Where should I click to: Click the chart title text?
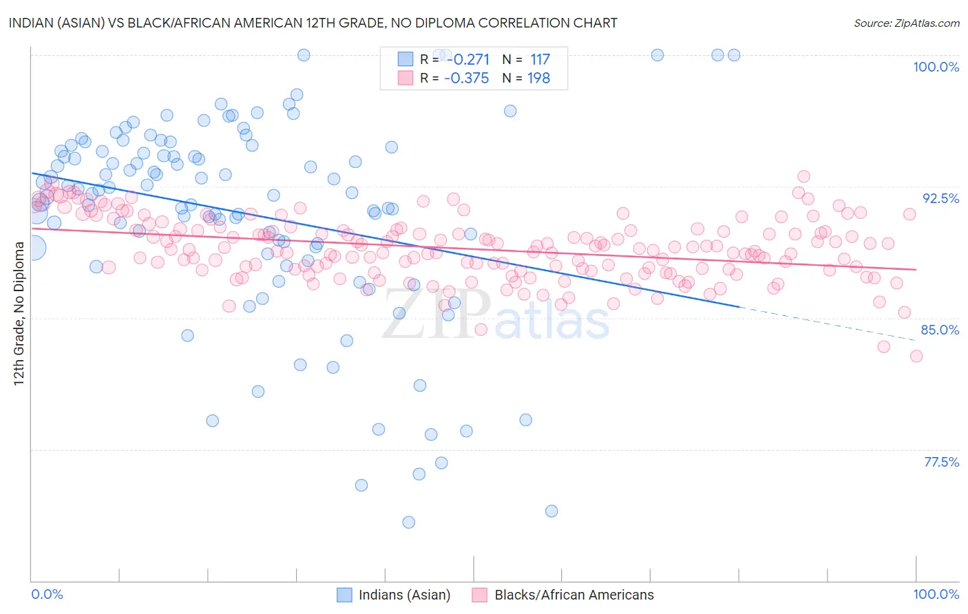click(313, 23)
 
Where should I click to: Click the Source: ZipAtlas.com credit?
click(906, 23)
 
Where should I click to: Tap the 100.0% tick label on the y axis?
click(936, 67)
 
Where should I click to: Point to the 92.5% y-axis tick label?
click(940, 198)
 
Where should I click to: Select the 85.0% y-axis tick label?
click(940, 330)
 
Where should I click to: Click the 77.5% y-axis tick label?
click(941, 462)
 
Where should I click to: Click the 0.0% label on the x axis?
click(47, 594)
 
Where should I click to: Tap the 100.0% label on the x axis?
click(936, 594)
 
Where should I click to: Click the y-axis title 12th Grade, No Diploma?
click(19, 313)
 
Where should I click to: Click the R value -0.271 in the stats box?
click(466, 60)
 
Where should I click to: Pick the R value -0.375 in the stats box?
click(466, 78)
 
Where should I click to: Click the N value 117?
click(540, 60)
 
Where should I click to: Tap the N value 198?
click(538, 78)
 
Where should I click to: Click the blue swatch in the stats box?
click(406, 60)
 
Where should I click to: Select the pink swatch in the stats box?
click(406, 78)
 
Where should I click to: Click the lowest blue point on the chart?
click(408, 522)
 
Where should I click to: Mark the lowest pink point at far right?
click(916, 356)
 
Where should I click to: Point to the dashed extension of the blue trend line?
click(826, 323)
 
